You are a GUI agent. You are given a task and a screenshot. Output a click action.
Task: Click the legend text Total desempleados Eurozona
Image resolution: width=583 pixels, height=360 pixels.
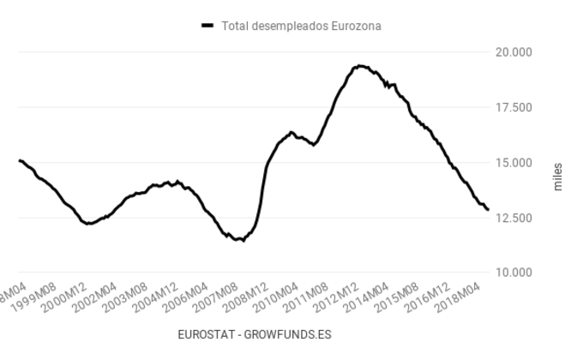pyautogui.click(x=301, y=26)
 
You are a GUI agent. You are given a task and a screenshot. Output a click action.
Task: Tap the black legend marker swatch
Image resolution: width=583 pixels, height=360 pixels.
pyautogui.click(x=207, y=26)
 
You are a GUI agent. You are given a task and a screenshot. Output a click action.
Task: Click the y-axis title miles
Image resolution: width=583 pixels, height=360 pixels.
pyautogui.click(x=558, y=176)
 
